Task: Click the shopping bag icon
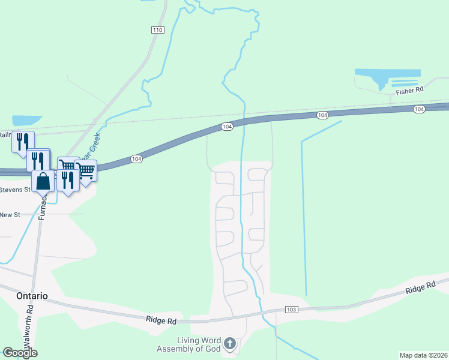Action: pos(44,180)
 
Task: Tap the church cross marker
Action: pos(229,344)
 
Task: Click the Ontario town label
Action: pos(24,296)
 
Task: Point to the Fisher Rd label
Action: pos(410,90)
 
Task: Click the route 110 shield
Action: pos(157,30)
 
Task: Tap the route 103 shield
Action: pos(292,310)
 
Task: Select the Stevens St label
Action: pos(15,190)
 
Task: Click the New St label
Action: pos(10,215)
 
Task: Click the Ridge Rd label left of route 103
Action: pos(161,321)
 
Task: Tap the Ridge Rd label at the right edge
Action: pos(420,288)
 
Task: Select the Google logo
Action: pos(20,353)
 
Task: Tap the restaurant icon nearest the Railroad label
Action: pos(23,142)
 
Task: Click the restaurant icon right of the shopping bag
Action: pos(67,179)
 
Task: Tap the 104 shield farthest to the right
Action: pos(419,109)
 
